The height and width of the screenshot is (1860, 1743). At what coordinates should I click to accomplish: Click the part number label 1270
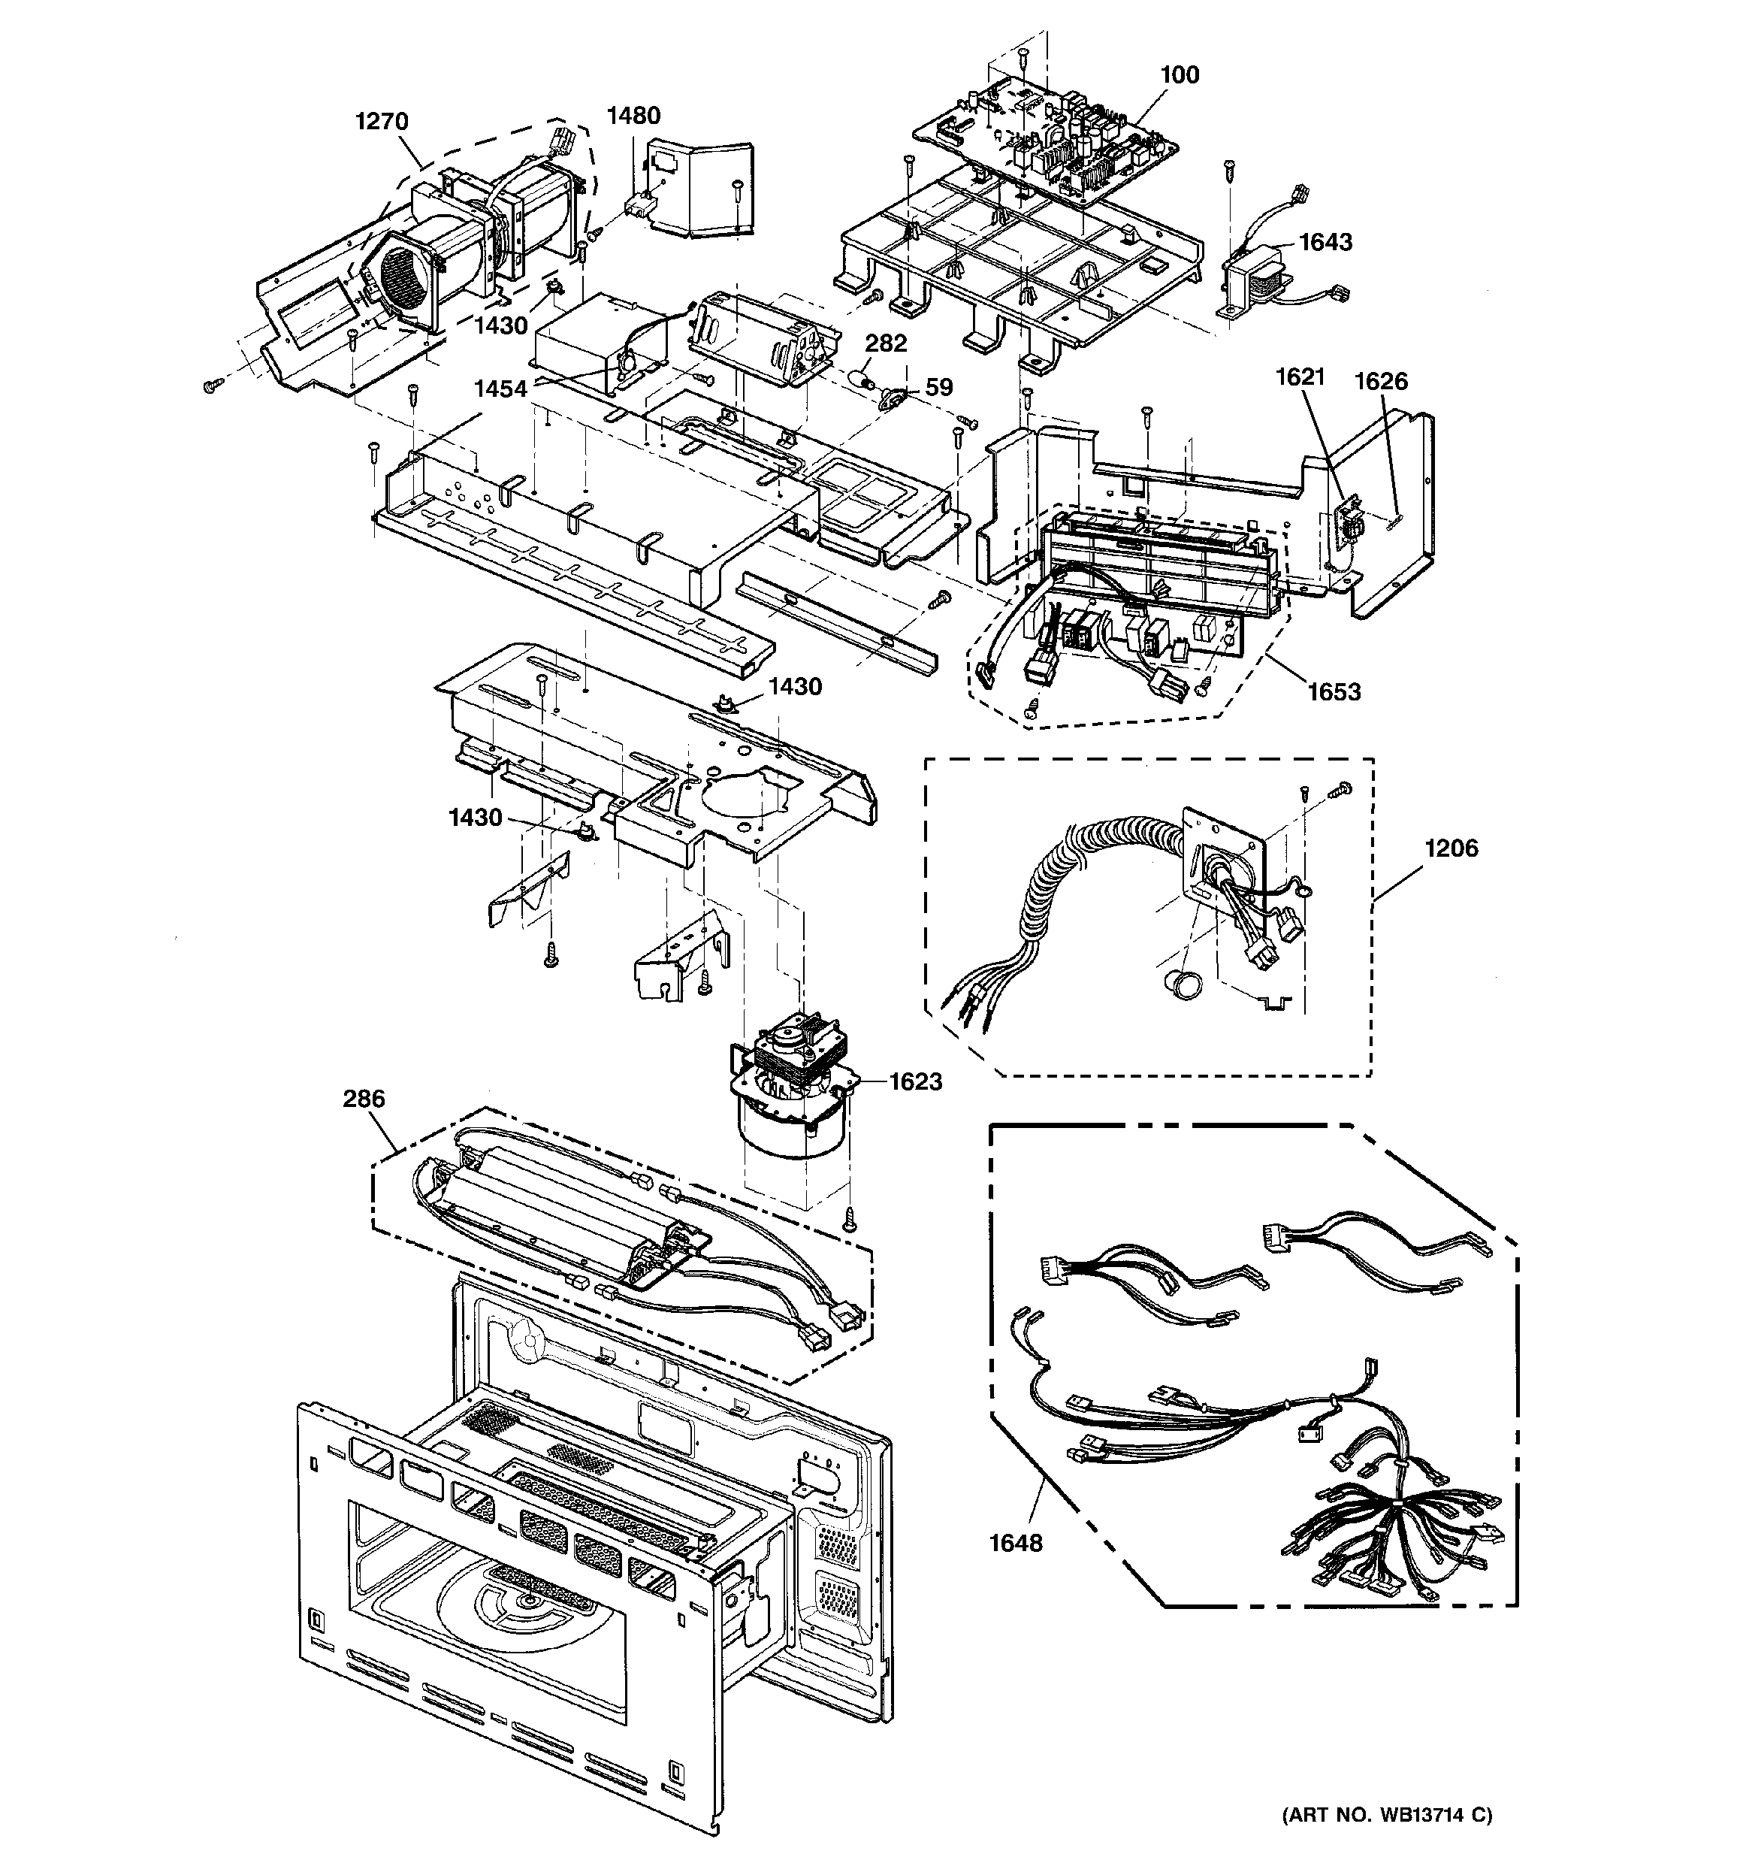(382, 122)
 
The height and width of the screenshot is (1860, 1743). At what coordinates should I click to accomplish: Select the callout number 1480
(633, 116)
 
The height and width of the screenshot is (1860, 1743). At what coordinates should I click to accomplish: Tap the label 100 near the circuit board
(1179, 75)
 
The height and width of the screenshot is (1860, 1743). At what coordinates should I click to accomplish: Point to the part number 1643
(1326, 242)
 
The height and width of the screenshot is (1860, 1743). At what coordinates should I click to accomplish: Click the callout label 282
(885, 343)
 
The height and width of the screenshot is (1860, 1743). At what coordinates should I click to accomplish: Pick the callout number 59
(938, 387)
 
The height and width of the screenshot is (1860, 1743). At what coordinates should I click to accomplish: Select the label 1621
(1300, 377)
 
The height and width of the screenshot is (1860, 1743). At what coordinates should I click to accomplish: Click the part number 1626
(1381, 381)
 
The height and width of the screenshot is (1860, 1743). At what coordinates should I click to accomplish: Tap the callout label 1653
(1334, 691)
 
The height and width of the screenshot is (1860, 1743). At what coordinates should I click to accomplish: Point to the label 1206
(1451, 848)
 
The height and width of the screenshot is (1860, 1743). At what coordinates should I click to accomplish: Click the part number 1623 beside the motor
(915, 1081)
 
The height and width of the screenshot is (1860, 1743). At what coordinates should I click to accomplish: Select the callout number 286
(363, 1099)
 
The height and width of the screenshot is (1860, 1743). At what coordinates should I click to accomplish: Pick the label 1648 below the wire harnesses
(1016, 1543)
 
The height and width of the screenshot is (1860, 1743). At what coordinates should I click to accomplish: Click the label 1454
(500, 389)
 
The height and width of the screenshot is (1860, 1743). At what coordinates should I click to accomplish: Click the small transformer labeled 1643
(1255, 280)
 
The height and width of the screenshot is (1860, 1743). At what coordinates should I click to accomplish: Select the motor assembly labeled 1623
(796, 1095)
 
